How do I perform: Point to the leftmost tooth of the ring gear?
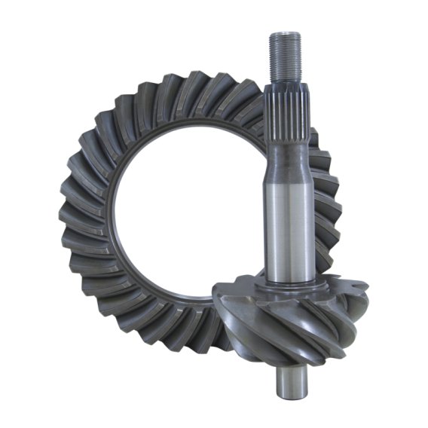coord(69,219)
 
